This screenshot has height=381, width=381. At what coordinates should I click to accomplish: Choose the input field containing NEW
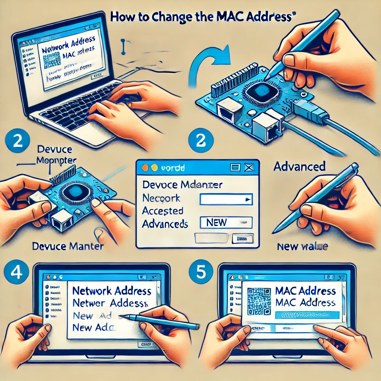[226, 222]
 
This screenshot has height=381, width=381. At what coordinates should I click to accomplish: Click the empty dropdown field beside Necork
[226, 199]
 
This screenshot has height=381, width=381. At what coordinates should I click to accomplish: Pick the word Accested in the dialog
[163, 211]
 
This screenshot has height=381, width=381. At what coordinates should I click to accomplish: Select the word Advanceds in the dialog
[165, 224]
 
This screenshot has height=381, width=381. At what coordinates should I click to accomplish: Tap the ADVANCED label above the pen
[300, 166]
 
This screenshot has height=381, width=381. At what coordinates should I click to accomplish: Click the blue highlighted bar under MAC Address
[307, 315]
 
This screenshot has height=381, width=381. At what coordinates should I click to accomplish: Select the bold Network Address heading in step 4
[112, 291]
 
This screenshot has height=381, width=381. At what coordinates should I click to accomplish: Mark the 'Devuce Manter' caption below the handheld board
[68, 246]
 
